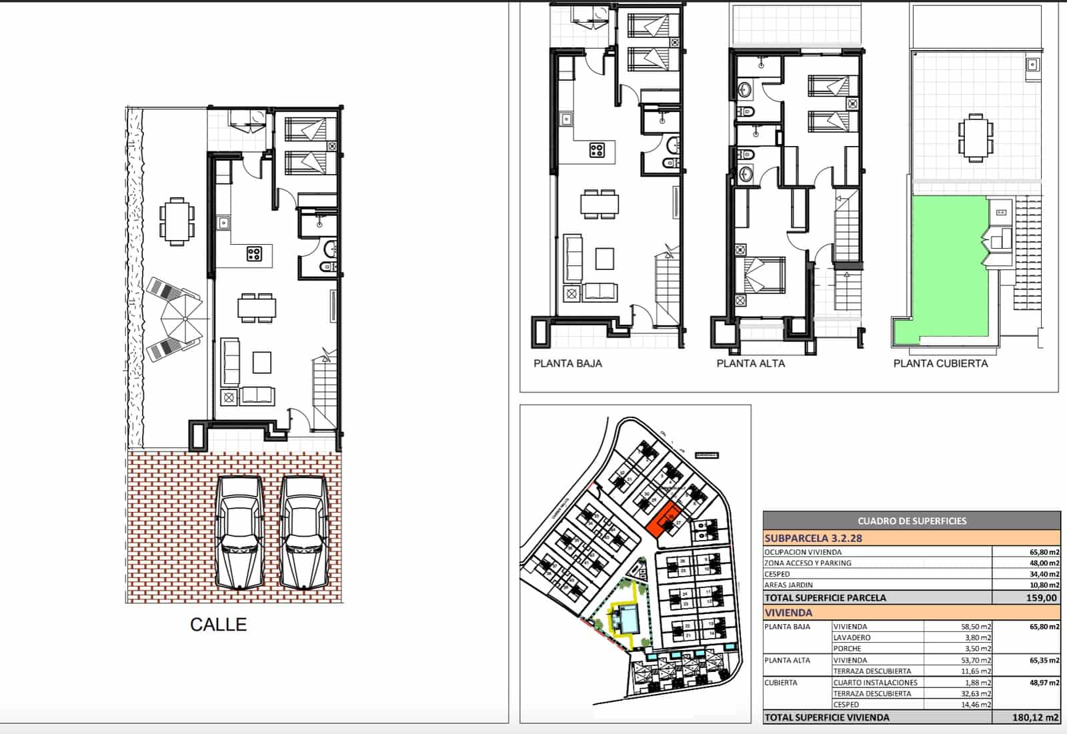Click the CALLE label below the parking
click(x=218, y=625)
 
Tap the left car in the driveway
click(x=238, y=533)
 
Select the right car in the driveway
click(x=303, y=533)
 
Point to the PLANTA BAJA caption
click(x=568, y=363)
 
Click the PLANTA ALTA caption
click(x=750, y=363)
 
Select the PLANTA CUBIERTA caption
click(x=940, y=363)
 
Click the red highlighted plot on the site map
click(x=664, y=520)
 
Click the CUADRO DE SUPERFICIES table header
click(x=912, y=521)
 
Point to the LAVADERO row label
click(x=852, y=638)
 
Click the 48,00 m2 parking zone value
click(x=1044, y=563)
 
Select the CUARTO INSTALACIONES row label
click(x=875, y=683)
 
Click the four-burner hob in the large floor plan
click(x=254, y=253)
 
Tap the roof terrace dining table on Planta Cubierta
click(x=976, y=138)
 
